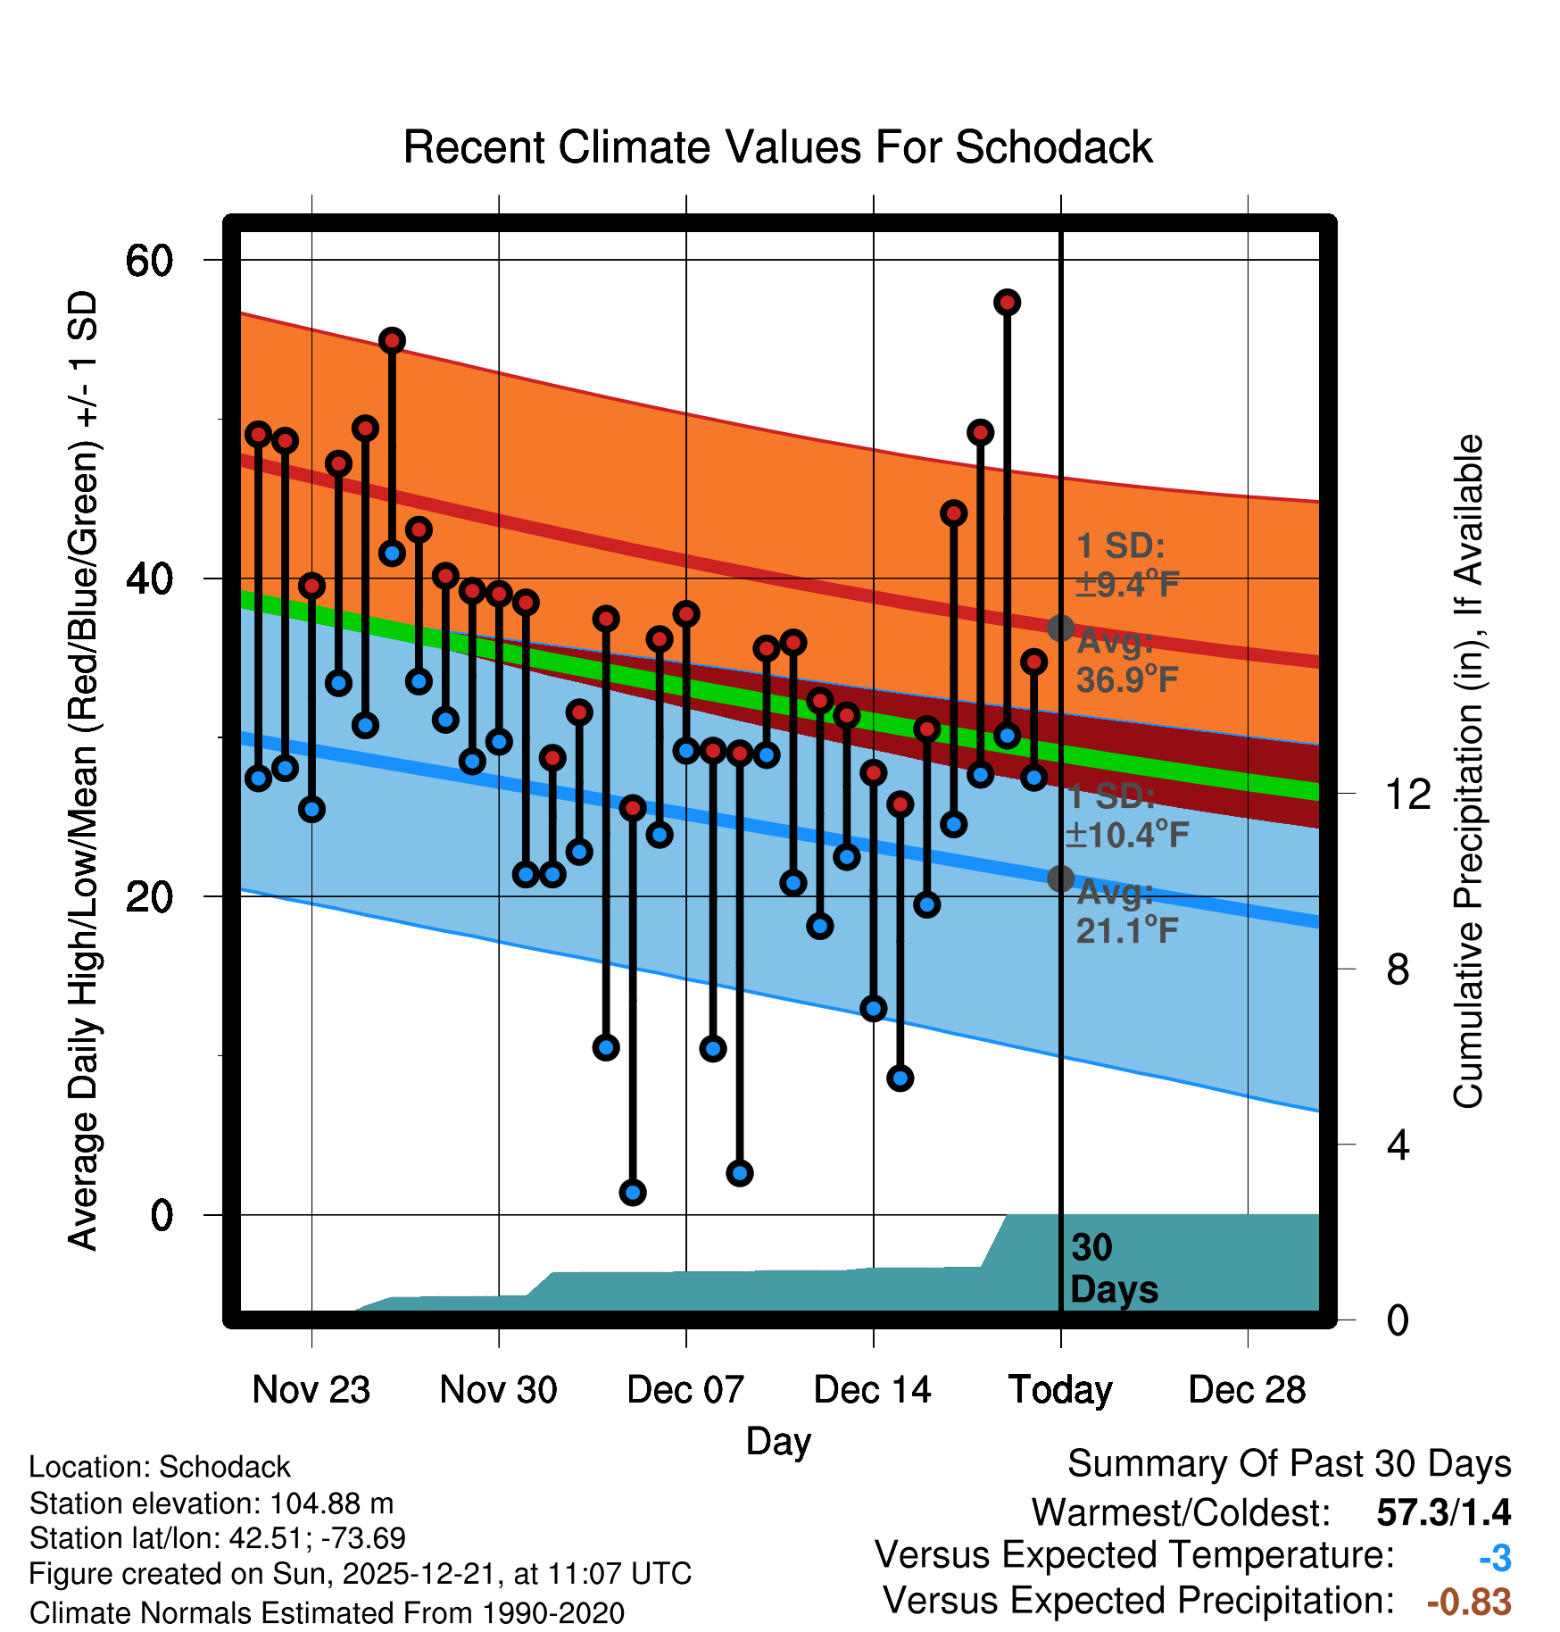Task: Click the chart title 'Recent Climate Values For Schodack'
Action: pyautogui.click(x=777, y=147)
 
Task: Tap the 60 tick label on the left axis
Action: pyautogui.click(x=149, y=261)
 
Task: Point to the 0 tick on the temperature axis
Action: pyautogui.click(x=162, y=1215)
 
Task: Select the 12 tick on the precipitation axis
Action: pyautogui.click(x=1408, y=794)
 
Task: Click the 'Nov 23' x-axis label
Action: pyautogui.click(x=311, y=1390)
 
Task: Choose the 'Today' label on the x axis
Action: pyautogui.click(x=1060, y=1390)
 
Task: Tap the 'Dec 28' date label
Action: pyautogui.click(x=1247, y=1390)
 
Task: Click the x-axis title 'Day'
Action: pyautogui.click(x=778, y=1441)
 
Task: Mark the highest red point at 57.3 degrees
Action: pyautogui.click(x=1008, y=303)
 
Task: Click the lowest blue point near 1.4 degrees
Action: pyautogui.click(x=633, y=1192)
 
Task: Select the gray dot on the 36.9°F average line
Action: pyautogui.click(x=1060, y=628)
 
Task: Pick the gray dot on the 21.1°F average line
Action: pyautogui.click(x=1060, y=878)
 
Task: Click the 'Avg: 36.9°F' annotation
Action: pyautogui.click(x=1127, y=662)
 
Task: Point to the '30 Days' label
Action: pyautogui.click(x=1113, y=1269)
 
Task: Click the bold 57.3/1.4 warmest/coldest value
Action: pyautogui.click(x=1443, y=1512)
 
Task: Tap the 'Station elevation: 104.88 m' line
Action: pyautogui.click(x=212, y=1503)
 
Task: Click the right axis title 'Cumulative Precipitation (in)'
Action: pyautogui.click(x=1468, y=771)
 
